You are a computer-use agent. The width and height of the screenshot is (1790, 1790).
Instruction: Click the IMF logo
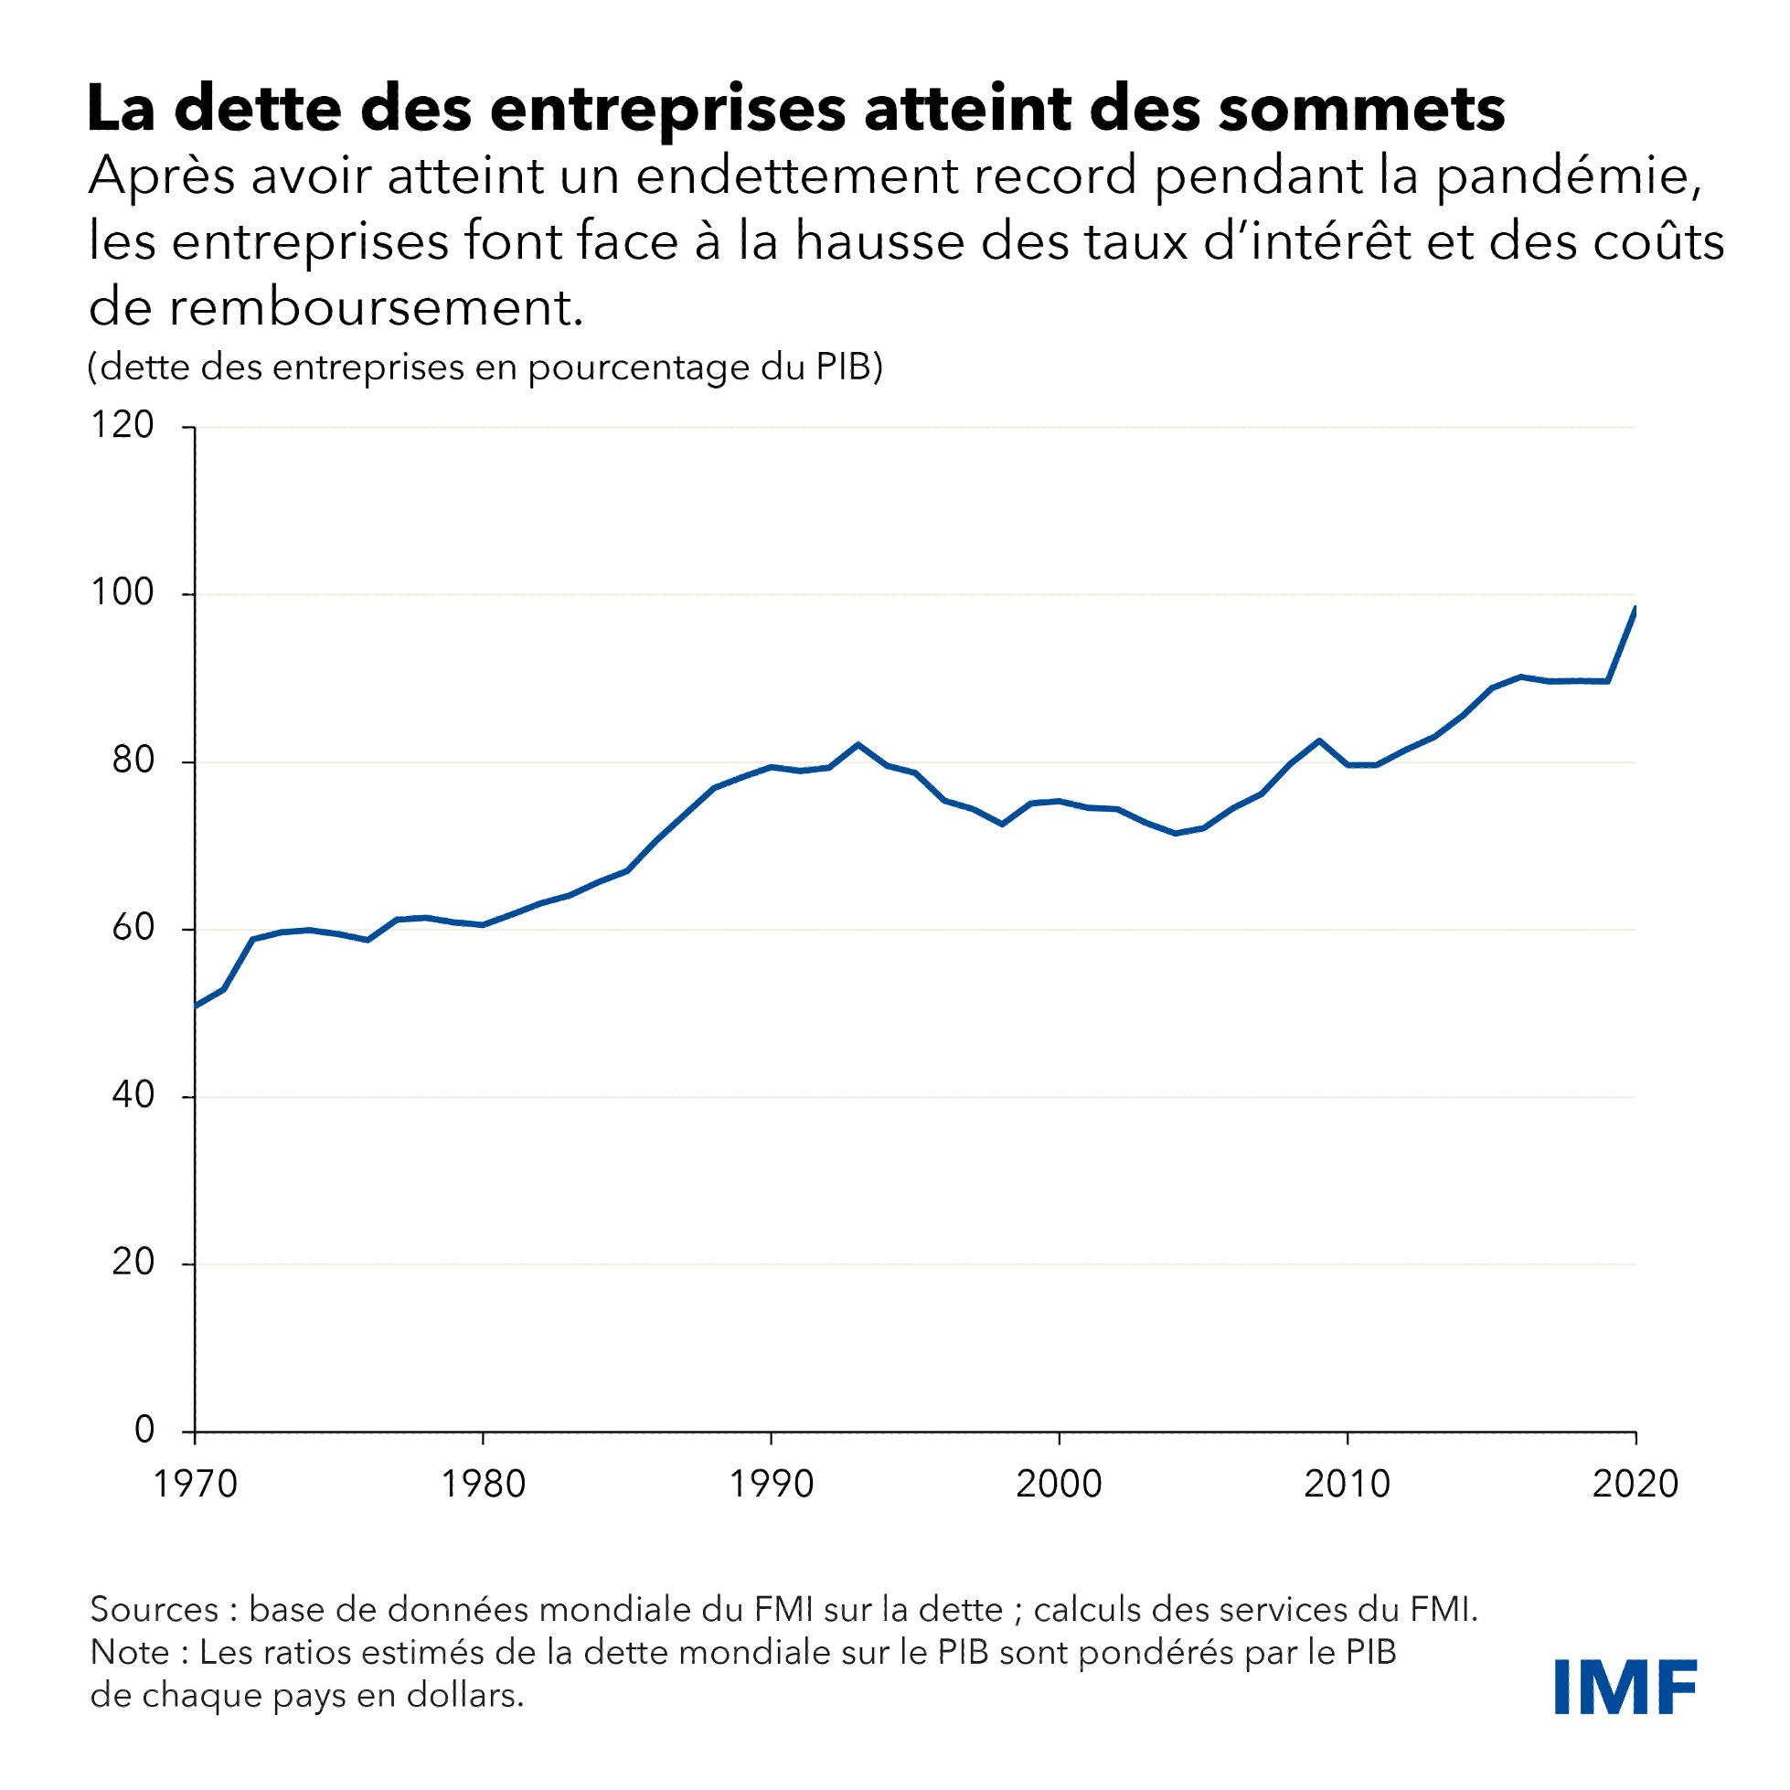pyautogui.click(x=1625, y=1688)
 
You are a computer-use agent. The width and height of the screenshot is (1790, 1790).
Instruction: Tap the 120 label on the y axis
pyautogui.click(x=122, y=425)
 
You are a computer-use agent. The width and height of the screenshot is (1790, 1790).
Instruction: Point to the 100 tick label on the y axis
pyautogui.click(x=122, y=593)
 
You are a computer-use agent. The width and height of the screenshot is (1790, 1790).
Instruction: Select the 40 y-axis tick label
pyautogui.click(x=133, y=1095)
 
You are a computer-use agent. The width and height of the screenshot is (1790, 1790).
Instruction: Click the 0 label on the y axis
pyautogui.click(x=144, y=1430)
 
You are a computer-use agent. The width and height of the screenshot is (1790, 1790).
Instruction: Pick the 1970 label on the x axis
pyautogui.click(x=195, y=1485)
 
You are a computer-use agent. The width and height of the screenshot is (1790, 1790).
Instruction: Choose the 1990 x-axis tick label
pyautogui.click(x=771, y=1485)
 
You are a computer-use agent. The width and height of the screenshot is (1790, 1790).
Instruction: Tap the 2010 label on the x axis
pyautogui.click(x=1348, y=1485)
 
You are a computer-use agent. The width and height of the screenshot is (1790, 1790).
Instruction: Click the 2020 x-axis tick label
pyautogui.click(x=1636, y=1485)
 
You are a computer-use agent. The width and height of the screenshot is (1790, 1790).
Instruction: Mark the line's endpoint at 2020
pyautogui.click(x=1636, y=608)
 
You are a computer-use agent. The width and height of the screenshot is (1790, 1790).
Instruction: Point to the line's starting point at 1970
pyautogui.click(x=196, y=1006)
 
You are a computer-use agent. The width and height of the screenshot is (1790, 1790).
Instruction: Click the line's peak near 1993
pyautogui.click(x=858, y=744)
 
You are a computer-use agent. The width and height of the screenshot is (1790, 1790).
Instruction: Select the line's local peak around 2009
pyautogui.click(x=1319, y=741)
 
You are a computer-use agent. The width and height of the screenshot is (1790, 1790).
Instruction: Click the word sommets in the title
pyautogui.click(x=1361, y=110)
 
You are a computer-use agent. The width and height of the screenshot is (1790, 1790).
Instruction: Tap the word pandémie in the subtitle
pyautogui.click(x=1568, y=176)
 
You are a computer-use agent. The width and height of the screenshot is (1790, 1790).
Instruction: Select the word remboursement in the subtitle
pyautogui.click(x=375, y=307)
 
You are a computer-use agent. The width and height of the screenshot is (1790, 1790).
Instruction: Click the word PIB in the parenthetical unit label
pyautogui.click(x=843, y=367)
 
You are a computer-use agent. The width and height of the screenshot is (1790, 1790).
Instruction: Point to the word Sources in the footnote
pyautogui.click(x=154, y=1609)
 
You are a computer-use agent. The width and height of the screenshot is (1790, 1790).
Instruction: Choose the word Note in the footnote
pyautogui.click(x=129, y=1652)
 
